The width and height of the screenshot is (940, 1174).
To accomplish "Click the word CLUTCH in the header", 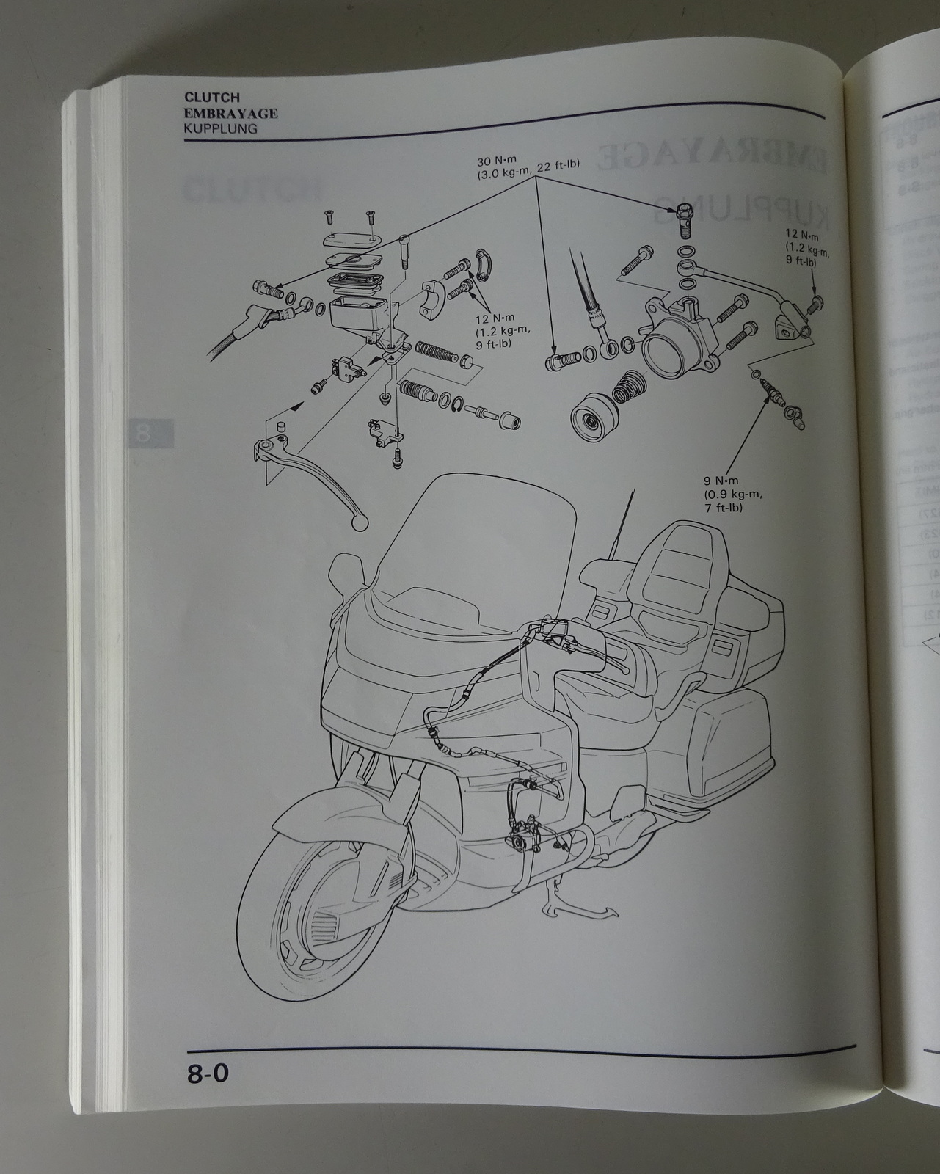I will click(x=211, y=97).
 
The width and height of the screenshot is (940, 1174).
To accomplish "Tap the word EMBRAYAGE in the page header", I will click(x=230, y=113).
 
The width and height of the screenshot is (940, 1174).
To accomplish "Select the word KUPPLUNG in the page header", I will click(x=220, y=128).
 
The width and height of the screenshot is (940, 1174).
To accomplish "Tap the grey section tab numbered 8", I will click(x=150, y=432).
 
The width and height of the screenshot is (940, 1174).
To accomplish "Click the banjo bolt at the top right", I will click(x=684, y=218).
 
